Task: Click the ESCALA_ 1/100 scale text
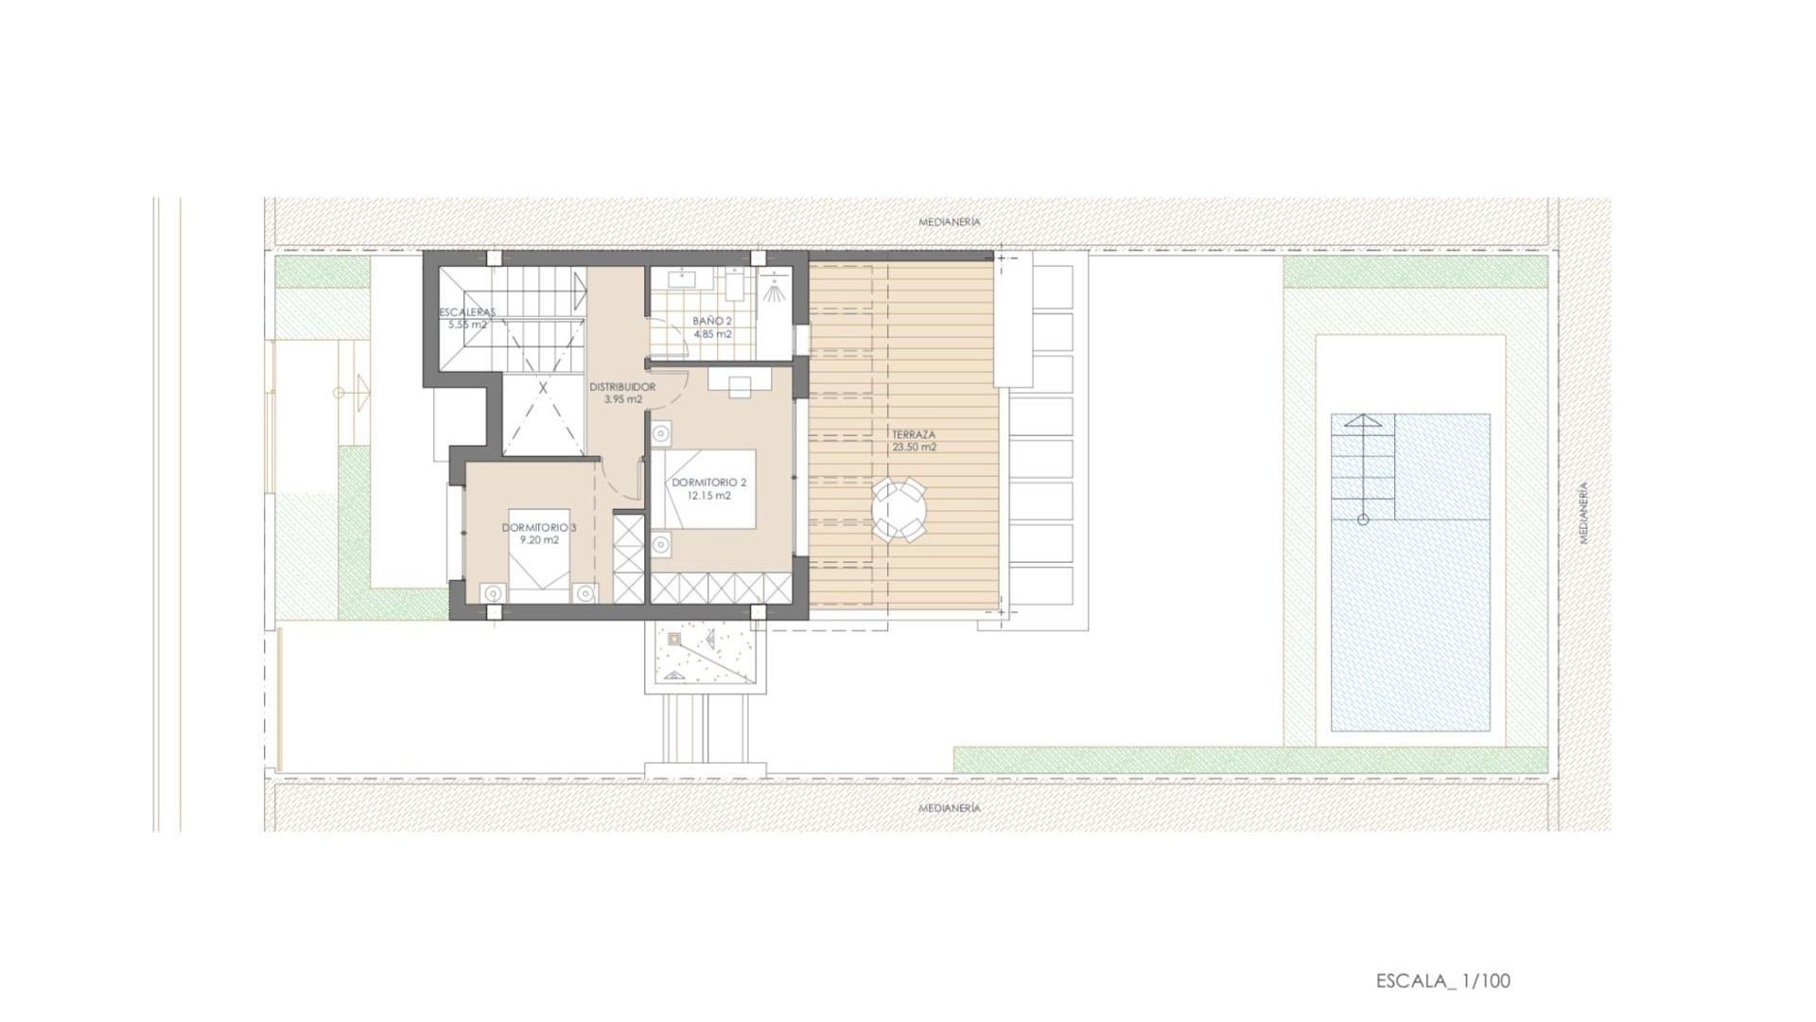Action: [1442, 980]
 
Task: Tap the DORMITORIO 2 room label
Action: [708, 483]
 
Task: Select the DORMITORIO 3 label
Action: [538, 527]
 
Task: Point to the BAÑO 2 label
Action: [712, 322]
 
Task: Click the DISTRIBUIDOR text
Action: [622, 387]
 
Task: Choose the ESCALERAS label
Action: [467, 312]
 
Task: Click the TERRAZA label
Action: [914, 435]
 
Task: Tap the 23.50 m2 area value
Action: [914, 448]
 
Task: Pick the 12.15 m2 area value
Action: [708, 495]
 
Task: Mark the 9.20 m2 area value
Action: [539, 540]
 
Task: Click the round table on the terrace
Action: [899, 511]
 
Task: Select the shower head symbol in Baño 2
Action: [775, 292]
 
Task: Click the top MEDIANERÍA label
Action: [950, 222]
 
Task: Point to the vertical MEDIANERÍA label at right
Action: [1583, 513]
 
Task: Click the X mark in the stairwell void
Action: [543, 388]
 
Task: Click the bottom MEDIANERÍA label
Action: [950, 809]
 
